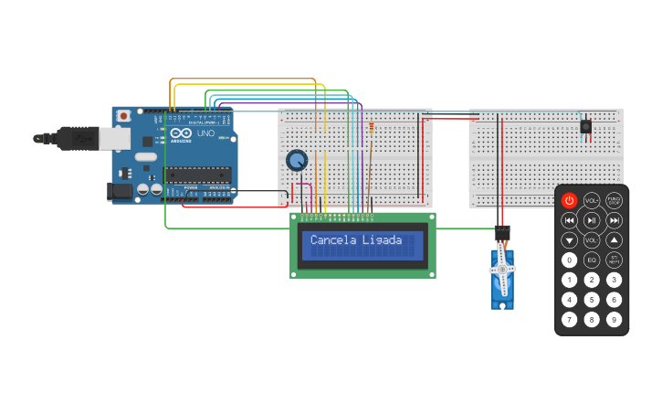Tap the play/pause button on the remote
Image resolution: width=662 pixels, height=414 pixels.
click(x=592, y=220)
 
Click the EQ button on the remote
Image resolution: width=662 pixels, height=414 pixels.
click(x=592, y=260)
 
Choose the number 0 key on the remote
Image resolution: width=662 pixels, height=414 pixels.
click(x=569, y=260)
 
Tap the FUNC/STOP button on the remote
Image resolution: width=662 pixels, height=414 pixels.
click(x=615, y=200)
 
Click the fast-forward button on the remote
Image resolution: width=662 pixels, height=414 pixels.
click(x=615, y=220)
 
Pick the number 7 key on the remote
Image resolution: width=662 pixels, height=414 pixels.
click(x=569, y=320)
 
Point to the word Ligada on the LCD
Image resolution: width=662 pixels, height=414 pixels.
click(x=382, y=240)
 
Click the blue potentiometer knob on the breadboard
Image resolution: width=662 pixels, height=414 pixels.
click(x=297, y=161)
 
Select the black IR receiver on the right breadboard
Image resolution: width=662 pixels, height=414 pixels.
click(x=585, y=126)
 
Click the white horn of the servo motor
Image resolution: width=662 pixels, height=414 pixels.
click(x=502, y=271)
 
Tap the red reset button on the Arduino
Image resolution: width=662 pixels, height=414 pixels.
click(x=123, y=116)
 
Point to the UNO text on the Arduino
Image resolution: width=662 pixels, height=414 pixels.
click(x=205, y=133)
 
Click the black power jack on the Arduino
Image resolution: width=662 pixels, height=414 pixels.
click(x=120, y=191)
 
